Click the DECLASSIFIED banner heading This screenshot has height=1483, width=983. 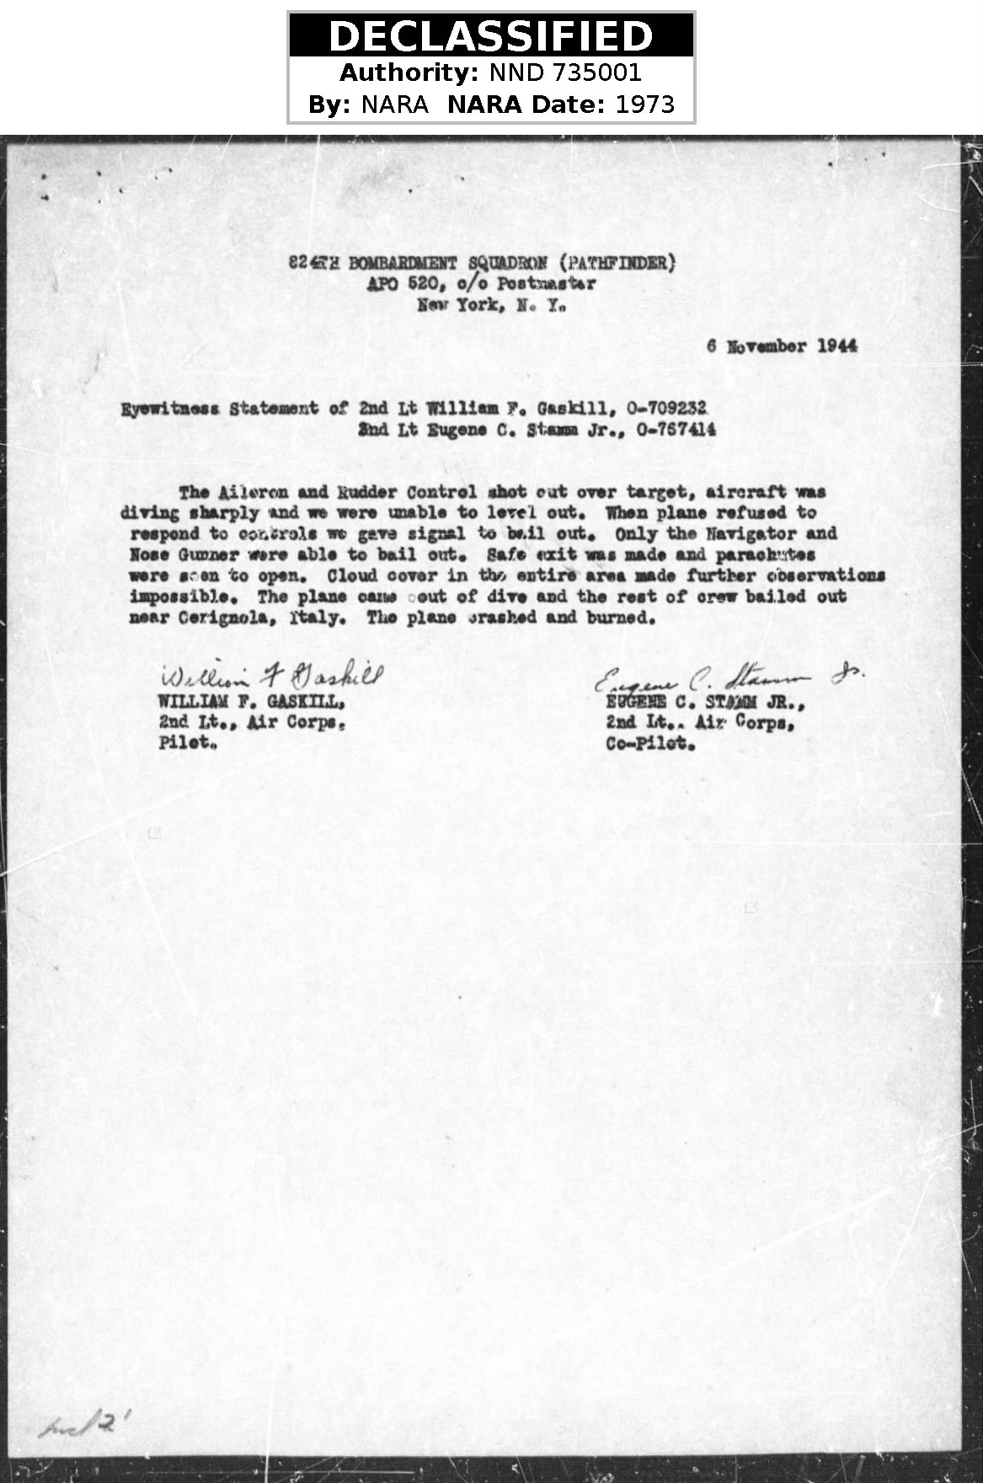coord(490,36)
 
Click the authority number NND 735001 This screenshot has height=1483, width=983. coord(565,73)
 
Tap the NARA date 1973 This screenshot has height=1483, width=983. coord(645,104)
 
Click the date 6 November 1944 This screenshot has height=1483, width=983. coord(782,346)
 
